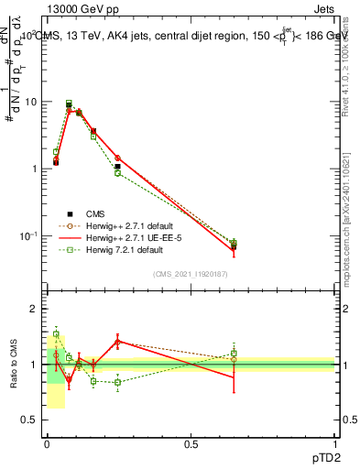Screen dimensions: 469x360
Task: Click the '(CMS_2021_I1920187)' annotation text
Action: tap(191, 274)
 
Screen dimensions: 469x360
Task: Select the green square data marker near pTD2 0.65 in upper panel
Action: tap(234, 243)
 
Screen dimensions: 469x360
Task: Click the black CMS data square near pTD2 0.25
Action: tap(117, 167)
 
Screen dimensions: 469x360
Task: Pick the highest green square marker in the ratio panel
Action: tap(56, 334)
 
